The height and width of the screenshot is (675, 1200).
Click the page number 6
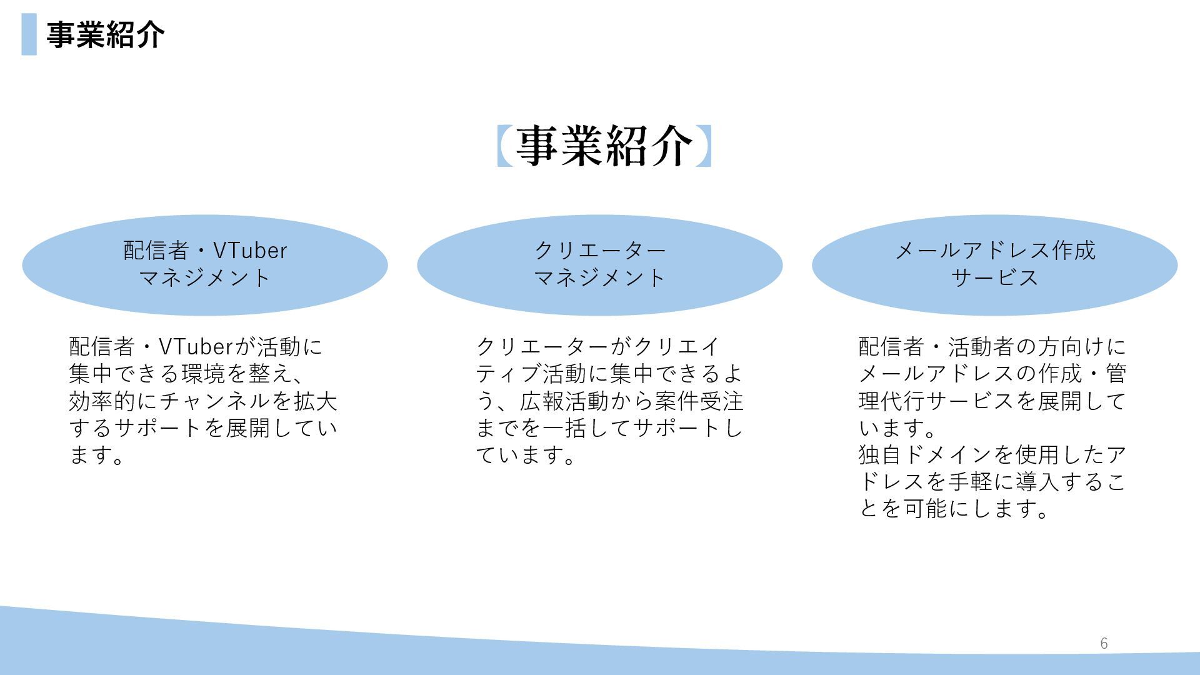click(1104, 644)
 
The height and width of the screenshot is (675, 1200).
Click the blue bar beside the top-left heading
click(29, 34)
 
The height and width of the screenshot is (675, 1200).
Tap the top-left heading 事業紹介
click(106, 34)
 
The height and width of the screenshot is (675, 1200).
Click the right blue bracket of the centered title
click(704, 146)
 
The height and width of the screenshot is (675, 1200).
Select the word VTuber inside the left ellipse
click(250, 251)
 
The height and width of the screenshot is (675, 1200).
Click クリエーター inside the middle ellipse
click(600, 251)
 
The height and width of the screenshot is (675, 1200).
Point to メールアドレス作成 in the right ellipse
click(995, 251)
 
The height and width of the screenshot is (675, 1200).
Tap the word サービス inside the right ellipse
click(995, 277)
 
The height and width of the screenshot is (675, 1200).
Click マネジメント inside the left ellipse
click(204, 277)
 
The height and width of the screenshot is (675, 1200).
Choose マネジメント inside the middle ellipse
click(600, 277)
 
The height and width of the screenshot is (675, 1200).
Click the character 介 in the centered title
click(672, 146)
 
